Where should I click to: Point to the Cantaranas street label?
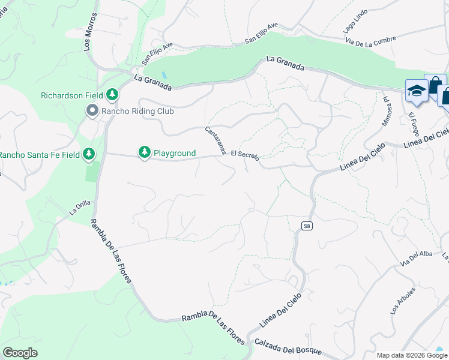[x=215, y=140]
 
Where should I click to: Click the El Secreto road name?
[x=244, y=155]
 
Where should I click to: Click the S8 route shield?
[x=307, y=226]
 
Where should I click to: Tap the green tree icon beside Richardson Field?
[x=112, y=95]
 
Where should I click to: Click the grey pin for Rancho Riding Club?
[x=92, y=111]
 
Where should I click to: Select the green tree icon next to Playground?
[x=144, y=153]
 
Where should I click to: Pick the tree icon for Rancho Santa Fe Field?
[x=89, y=154]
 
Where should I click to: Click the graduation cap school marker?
[x=417, y=91]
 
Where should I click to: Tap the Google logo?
[x=20, y=353]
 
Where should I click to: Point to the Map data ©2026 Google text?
[x=412, y=355]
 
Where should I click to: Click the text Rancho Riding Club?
[x=137, y=111]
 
